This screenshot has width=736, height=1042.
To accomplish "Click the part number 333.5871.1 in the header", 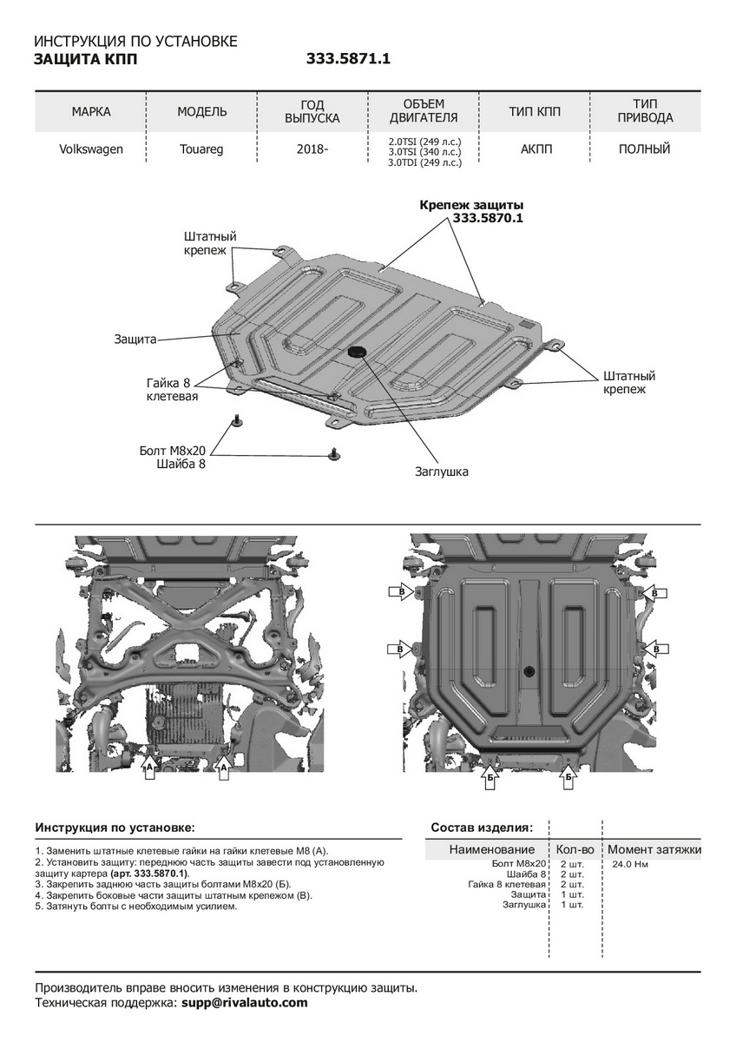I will pos(348,60).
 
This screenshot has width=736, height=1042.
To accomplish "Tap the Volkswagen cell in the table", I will pos(91,149).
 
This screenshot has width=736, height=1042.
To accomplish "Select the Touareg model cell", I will pos(201,149).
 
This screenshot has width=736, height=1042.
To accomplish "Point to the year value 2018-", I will pos(312,149).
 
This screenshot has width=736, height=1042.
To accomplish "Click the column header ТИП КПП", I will pos(535,112).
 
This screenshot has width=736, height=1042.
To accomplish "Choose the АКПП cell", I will pos(536,149).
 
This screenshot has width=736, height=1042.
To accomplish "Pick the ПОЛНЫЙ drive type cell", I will pos(644,149).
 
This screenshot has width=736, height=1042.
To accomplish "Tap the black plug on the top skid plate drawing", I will pos(357,352).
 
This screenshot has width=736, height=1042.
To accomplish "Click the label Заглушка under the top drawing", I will pos(442,472).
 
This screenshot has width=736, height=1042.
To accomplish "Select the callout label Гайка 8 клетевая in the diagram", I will pos(172,390).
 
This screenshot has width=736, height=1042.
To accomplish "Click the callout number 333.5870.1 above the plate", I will pos(487,219).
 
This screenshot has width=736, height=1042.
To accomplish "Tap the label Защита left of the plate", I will pos(135,340).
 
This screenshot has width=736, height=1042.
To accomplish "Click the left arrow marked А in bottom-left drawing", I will pos(150,769).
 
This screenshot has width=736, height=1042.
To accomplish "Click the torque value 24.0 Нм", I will pos(631,865).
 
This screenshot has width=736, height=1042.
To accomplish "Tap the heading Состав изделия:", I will pos(482,827).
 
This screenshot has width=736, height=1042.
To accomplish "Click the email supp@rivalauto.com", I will pos(245,1003).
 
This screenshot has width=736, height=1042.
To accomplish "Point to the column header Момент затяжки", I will pos(654,849).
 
